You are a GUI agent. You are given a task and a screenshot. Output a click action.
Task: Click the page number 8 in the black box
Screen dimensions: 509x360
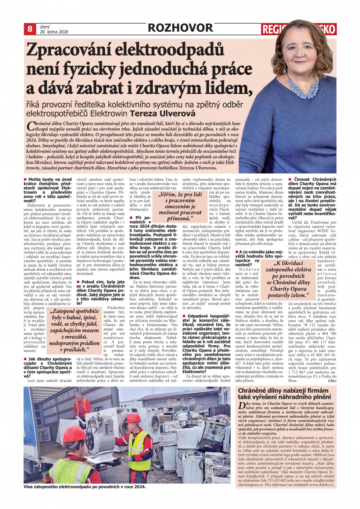pyautogui.click(x=30, y=29)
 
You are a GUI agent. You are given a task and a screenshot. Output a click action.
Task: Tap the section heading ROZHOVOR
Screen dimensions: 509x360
pyautogui.click(x=180, y=28)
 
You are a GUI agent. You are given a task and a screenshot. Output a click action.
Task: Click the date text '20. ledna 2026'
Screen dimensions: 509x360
pyautogui.click(x=54, y=32)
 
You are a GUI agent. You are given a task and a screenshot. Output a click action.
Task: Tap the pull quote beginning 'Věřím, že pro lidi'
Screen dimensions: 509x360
pyautogui.click(x=180, y=206)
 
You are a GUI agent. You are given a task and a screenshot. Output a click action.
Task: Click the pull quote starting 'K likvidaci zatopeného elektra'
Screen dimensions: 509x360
pyautogui.click(x=288, y=279)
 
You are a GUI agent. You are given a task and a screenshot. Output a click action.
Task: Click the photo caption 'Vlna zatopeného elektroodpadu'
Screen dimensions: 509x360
pyautogui.click(x=84, y=487)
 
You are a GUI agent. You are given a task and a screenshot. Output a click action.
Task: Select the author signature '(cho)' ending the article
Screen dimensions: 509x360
pyautogui.click(x=332, y=380)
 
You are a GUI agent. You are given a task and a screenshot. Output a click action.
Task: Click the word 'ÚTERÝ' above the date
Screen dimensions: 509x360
pyautogui.click(x=45, y=26)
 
